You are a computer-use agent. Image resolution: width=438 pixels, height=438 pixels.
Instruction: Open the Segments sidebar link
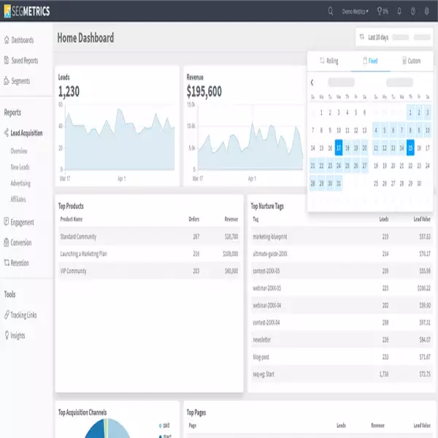point(20,80)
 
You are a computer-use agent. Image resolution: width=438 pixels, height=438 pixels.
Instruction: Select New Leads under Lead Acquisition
point(20,167)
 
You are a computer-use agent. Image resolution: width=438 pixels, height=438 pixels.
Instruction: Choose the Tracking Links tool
point(23,315)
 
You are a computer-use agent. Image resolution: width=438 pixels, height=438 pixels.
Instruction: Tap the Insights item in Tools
point(18,335)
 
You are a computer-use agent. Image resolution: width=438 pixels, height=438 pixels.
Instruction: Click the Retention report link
point(20,262)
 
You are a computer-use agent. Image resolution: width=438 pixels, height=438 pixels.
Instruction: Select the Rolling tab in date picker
point(329,61)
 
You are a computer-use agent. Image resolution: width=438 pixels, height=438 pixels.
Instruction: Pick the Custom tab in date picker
point(411,61)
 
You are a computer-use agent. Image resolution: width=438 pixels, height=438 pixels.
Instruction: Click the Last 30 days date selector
point(378,37)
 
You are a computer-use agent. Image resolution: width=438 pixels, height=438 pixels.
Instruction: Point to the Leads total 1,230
point(69,92)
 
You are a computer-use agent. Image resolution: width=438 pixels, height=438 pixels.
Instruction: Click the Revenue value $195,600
point(204,92)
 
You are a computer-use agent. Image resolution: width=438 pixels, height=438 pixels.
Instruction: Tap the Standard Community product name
point(78,237)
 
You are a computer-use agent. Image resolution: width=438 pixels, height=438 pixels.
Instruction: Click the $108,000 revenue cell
point(231,253)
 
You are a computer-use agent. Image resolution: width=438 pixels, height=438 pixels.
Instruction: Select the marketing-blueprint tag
point(272,237)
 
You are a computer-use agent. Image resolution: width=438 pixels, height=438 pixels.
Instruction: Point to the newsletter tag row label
point(262,339)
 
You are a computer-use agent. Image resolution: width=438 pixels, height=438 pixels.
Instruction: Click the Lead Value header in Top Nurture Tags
point(422,219)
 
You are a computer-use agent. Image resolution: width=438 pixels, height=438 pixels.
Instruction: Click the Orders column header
point(193,219)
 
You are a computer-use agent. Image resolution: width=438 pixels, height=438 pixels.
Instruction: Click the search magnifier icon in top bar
point(331,11)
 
